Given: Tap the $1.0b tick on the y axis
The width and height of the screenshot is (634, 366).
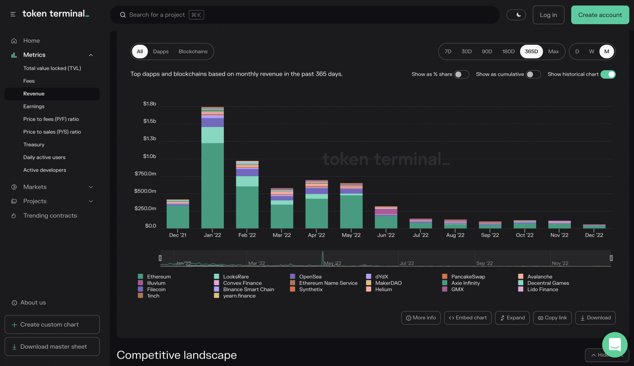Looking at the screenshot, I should point(150,156).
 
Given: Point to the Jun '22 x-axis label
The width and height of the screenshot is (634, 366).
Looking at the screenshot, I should point(386,235).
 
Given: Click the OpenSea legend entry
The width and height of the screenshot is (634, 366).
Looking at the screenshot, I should point(310,276).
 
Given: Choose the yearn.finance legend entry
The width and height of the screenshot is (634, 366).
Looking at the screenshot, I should point(239,296).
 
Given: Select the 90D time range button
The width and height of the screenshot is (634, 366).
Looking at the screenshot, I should point(487,52).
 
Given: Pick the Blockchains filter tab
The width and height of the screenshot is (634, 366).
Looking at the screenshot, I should point(193,52).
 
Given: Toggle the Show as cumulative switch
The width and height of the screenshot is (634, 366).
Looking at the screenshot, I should point(533,74).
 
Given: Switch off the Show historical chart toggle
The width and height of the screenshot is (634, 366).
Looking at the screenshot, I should point(608,74).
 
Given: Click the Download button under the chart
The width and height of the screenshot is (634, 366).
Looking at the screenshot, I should point(595,318).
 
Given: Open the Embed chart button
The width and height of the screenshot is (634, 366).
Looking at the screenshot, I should point(467,318).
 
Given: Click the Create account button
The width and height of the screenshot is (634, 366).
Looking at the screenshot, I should point(600,15).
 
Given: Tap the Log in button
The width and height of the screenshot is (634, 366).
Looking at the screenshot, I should point(548,15).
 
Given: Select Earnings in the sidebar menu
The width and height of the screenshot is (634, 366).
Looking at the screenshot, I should point(34,106).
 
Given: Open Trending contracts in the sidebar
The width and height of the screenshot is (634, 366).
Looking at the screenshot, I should point(50,215).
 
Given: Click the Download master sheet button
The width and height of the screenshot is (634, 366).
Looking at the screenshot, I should point(52,346).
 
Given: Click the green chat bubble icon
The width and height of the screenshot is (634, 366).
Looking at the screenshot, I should point(614,345).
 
